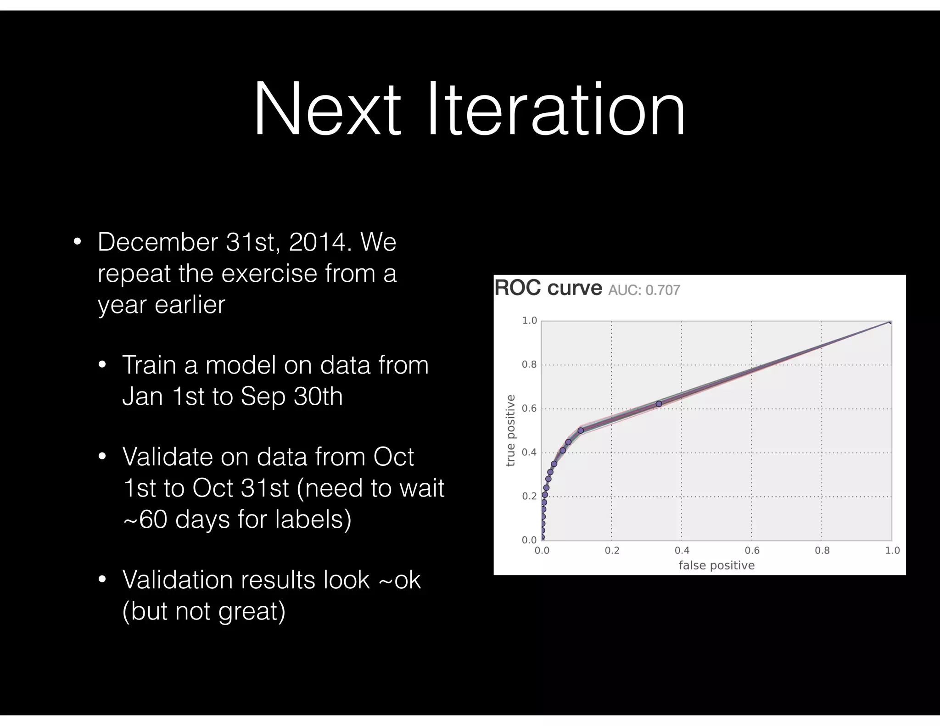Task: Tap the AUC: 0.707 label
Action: (643, 290)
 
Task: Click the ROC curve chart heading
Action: (548, 288)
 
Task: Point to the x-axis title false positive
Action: (716, 565)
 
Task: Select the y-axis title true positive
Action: (510, 430)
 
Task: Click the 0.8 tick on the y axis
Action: (529, 365)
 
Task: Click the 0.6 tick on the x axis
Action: (752, 550)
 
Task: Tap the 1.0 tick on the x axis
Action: (892, 550)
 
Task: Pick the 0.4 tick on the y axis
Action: (529, 452)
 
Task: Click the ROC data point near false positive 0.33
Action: (659, 404)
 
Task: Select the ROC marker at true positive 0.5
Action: (581, 430)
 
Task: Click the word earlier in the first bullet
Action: (190, 304)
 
